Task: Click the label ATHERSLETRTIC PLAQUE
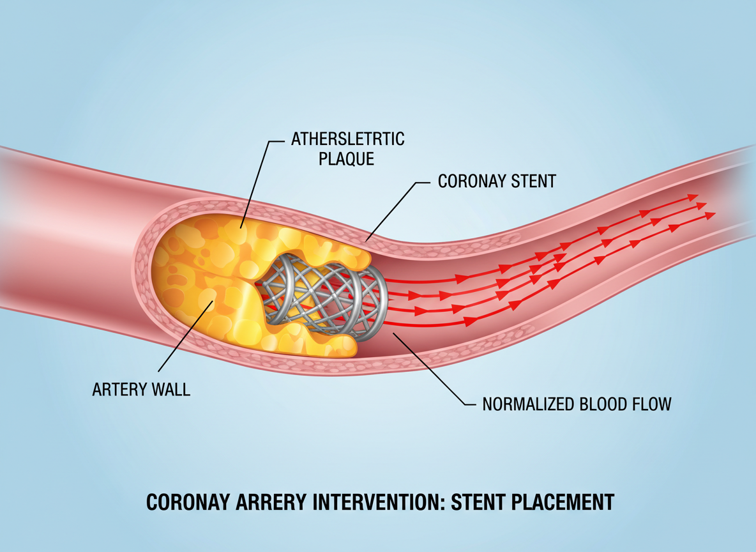click(348, 148)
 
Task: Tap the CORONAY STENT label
click(497, 181)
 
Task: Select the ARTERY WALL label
click(141, 389)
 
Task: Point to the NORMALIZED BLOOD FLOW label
click(577, 404)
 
